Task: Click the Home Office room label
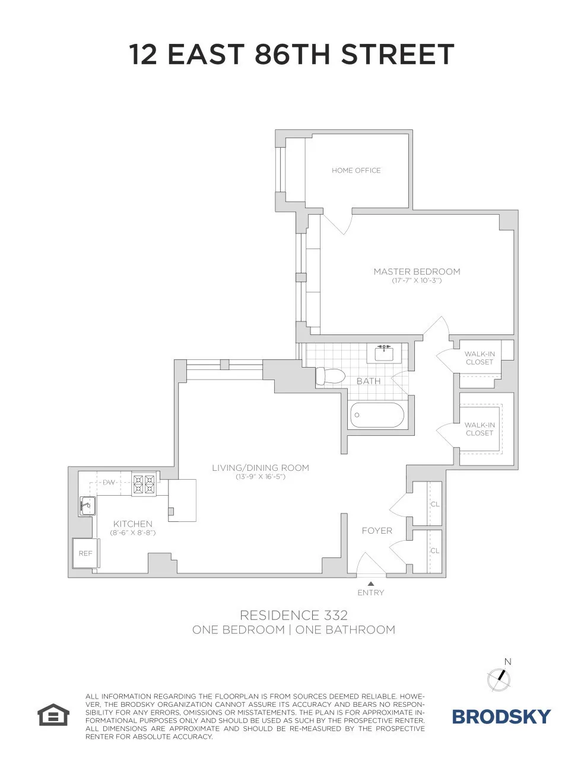click(356, 170)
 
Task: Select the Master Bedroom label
click(417, 272)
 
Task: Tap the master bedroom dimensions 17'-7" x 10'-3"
click(417, 280)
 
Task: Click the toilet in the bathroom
click(330, 376)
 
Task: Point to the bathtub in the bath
click(377, 415)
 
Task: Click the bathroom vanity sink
click(385, 353)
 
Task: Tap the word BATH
click(368, 381)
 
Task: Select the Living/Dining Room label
click(261, 468)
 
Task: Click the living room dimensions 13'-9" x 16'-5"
click(261, 477)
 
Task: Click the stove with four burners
click(144, 483)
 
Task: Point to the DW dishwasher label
click(109, 482)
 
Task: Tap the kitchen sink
click(87, 506)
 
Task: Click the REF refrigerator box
click(85, 553)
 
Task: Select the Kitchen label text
click(133, 524)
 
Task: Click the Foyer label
click(377, 531)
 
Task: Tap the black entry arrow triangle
click(371, 584)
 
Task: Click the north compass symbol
click(499, 678)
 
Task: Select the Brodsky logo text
click(502, 716)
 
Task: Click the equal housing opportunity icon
click(54, 715)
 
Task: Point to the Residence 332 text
click(293, 615)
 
